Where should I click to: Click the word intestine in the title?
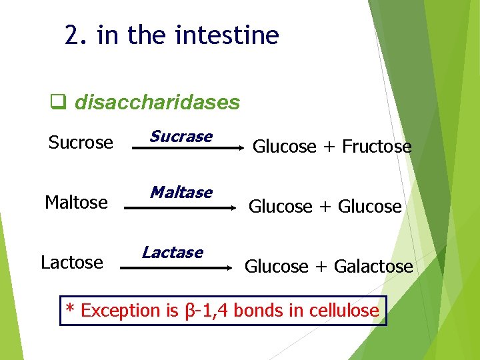click(x=227, y=35)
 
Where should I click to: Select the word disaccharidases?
click(x=157, y=103)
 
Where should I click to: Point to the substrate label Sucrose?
click(x=81, y=143)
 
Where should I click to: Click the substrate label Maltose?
click(x=76, y=202)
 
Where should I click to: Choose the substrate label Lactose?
click(x=72, y=263)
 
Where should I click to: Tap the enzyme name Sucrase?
click(x=181, y=137)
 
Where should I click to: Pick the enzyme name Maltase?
click(x=181, y=193)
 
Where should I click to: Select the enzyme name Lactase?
click(x=173, y=252)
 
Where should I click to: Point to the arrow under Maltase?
click(x=180, y=208)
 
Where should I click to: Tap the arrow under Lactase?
click(x=176, y=268)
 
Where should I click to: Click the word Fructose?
click(x=377, y=147)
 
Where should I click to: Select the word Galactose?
click(x=373, y=267)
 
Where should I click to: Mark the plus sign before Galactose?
click(x=321, y=267)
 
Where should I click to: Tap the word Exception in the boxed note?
click(x=121, y=311)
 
